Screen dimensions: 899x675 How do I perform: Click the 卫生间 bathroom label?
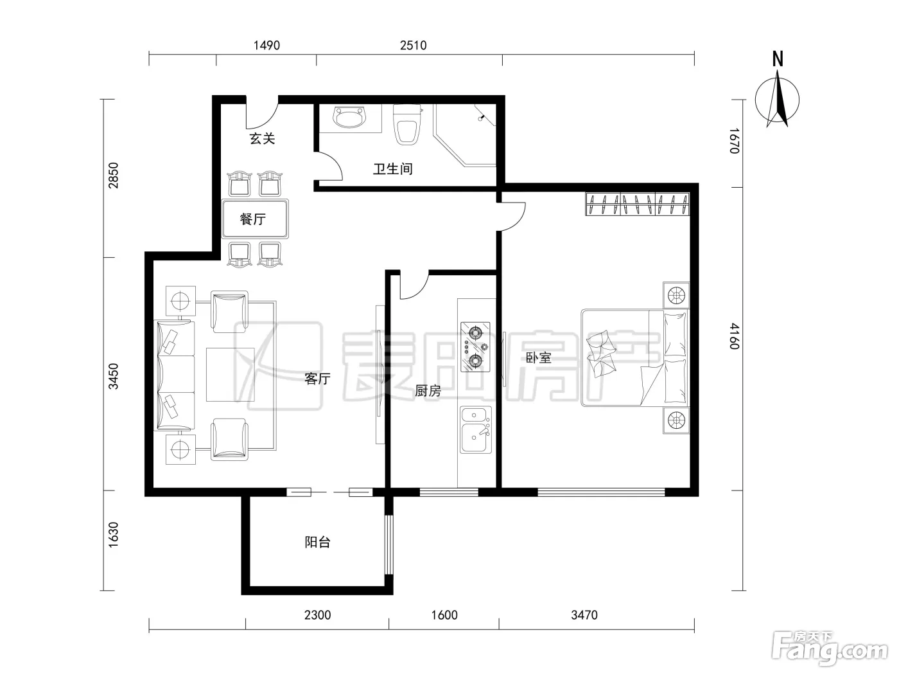(392, 169)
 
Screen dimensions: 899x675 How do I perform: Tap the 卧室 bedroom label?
(538, 358)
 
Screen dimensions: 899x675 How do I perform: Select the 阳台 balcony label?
(317, 542)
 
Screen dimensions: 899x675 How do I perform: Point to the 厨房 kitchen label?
(428, 391)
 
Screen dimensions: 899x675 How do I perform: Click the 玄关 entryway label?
(262, 138)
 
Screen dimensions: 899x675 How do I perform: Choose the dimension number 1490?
(266, 45)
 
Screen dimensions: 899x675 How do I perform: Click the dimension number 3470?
(584, 615)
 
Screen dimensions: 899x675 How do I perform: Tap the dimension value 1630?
(113, 534)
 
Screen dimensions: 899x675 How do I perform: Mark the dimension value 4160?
(735, 336)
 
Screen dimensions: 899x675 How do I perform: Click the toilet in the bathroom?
(407, 124)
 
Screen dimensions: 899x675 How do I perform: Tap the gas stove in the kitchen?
(475, 347)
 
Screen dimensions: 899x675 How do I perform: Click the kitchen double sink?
(476, 430)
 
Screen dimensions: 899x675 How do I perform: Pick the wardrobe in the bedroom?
(637, 204)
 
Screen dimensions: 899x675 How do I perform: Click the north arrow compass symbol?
(777, 99)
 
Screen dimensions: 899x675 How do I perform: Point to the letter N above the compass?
(778, 59)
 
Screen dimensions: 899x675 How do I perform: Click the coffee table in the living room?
(230, 375)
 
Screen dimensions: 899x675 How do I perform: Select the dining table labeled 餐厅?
(255, 219)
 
